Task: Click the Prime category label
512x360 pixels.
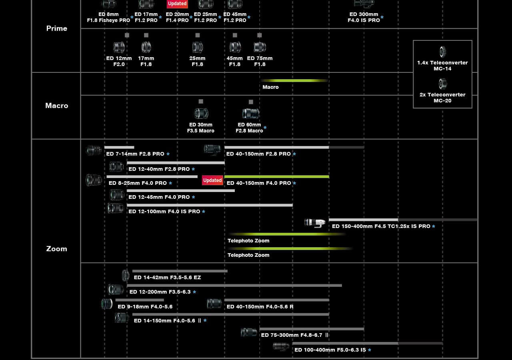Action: pos(57,28)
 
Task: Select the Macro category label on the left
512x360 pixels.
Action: pos(57,106)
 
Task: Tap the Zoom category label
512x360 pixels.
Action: pos(57,249)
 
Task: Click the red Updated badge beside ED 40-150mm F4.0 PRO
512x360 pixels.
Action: pos(212,180)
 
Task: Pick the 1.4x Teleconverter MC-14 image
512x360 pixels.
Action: pos(442,52)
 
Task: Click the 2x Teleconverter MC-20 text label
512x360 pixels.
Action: pos(442,98)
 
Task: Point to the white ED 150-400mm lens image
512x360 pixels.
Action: pos(315,223)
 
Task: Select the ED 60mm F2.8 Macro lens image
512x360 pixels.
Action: pos(251,113)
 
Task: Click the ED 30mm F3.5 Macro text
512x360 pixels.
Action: pos(201,128)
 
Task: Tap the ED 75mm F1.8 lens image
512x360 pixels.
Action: pos(260,47)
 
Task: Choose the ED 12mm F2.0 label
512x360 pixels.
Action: pos(119,61)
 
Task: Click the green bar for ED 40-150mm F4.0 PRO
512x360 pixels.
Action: pos(277,177)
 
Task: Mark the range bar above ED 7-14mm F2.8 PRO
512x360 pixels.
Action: pos(119,148)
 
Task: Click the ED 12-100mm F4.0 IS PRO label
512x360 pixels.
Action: pos(164,212)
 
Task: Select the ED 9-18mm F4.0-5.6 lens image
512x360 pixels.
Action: pos(107,304)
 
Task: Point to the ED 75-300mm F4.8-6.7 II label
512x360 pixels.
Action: pos(295,335)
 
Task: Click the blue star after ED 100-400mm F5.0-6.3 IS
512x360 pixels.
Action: pos(370,350)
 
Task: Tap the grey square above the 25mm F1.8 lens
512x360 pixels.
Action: pos(198,35)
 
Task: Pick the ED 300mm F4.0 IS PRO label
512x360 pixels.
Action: pos(364,17)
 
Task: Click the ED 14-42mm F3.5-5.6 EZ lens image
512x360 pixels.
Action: pos(126,275)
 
